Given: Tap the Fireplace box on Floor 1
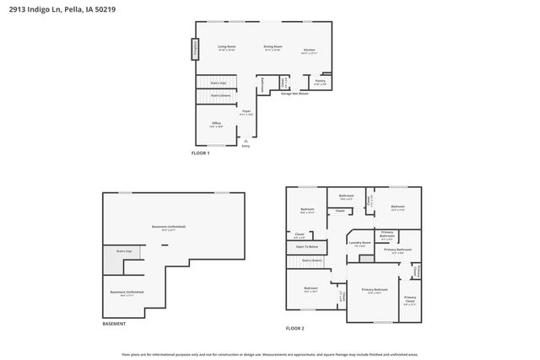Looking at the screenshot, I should coord(195,50).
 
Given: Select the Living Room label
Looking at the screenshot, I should coord(226,47).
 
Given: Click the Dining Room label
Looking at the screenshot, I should coord(273,47).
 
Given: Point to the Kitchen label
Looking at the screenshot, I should coord(310,51).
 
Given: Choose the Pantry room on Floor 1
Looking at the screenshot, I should coord(320,82).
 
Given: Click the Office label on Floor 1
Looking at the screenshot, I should coord(217,124).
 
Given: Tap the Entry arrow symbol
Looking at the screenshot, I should coord(246,140).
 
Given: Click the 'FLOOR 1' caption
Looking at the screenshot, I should coord(200,153).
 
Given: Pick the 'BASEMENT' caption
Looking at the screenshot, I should coord(114,324).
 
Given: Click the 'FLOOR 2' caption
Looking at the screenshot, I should coord(294,327).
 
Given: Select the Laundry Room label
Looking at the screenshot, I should coord(360,244).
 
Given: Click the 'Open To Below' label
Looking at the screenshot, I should coord(306,246).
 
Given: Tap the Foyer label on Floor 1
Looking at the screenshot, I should coord(246,111).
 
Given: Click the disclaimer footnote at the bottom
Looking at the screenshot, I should coord(269,355).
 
